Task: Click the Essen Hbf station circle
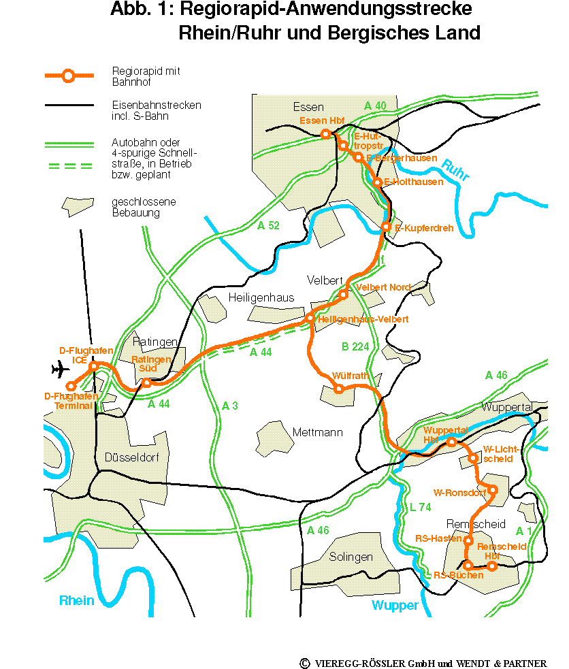coord(325,135)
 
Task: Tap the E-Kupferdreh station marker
coord(386,227)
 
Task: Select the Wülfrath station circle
coord(338,389)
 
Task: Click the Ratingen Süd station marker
coord(146,383)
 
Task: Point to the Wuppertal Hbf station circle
coord(451,442)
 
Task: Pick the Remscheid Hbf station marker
coord(492,566)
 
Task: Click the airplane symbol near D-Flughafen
coord(61,370)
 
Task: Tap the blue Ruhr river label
coord(455,170)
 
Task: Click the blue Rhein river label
coord(76,600)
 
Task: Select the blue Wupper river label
coord(395,605)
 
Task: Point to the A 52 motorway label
coord(269,225)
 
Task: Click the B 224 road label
coord(354,347)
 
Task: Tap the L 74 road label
coord(421,507)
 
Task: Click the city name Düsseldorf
coord(132,457)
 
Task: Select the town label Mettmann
coord(318,432)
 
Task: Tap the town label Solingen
coord(351,557)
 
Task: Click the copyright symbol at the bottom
coord(304,663)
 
